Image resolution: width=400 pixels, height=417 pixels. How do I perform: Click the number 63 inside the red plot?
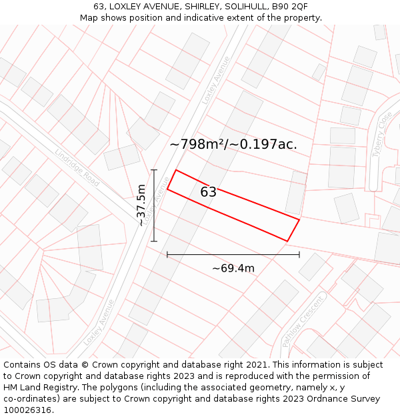click(208, 192)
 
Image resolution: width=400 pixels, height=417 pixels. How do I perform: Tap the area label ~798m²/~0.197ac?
click(233, 144)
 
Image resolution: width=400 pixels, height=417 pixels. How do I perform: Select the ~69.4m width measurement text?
click(233, 268)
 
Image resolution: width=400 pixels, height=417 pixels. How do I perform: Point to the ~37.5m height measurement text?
click(141, 205)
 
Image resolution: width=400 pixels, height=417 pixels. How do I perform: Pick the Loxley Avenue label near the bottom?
click(99, 322)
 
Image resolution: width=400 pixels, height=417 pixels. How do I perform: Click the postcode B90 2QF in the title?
click(289, 7)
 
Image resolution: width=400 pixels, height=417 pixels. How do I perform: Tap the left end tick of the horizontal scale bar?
click(167, 254)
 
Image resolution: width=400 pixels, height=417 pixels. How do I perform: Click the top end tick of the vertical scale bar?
click(154, 170)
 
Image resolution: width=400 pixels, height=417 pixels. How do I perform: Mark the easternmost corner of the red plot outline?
click(299, 219)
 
